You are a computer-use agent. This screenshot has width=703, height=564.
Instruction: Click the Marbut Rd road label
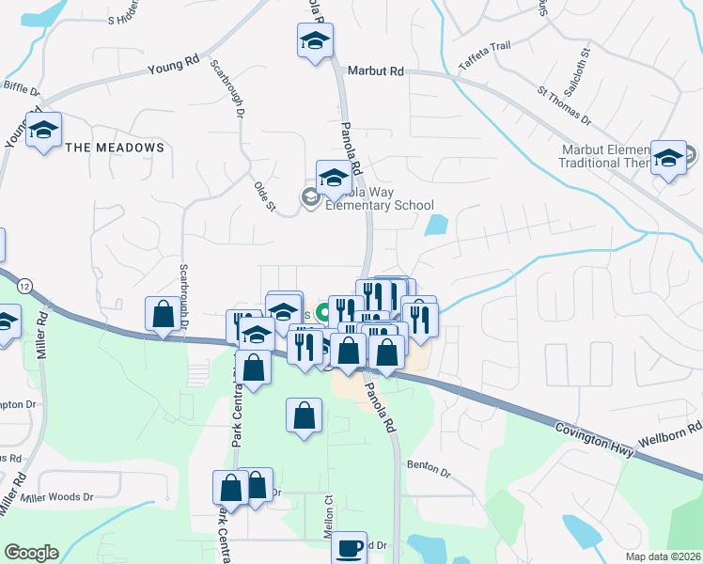coord(375,70)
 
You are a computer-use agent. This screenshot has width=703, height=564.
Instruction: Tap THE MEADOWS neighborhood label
coord(115,148)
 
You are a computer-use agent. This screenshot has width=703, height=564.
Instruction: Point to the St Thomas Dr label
coord(564,106)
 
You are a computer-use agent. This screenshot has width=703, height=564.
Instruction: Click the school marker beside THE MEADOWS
coord(42,131)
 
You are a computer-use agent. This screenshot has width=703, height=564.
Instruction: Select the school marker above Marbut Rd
coord(315,42)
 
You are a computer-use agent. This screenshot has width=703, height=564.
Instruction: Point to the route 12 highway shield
coord(24,284)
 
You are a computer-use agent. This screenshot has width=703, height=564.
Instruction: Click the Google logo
coord(31,553)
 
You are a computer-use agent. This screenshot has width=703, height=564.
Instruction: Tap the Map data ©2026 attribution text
coord(663,556)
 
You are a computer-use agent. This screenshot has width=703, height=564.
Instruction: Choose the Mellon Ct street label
coord(330,515)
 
